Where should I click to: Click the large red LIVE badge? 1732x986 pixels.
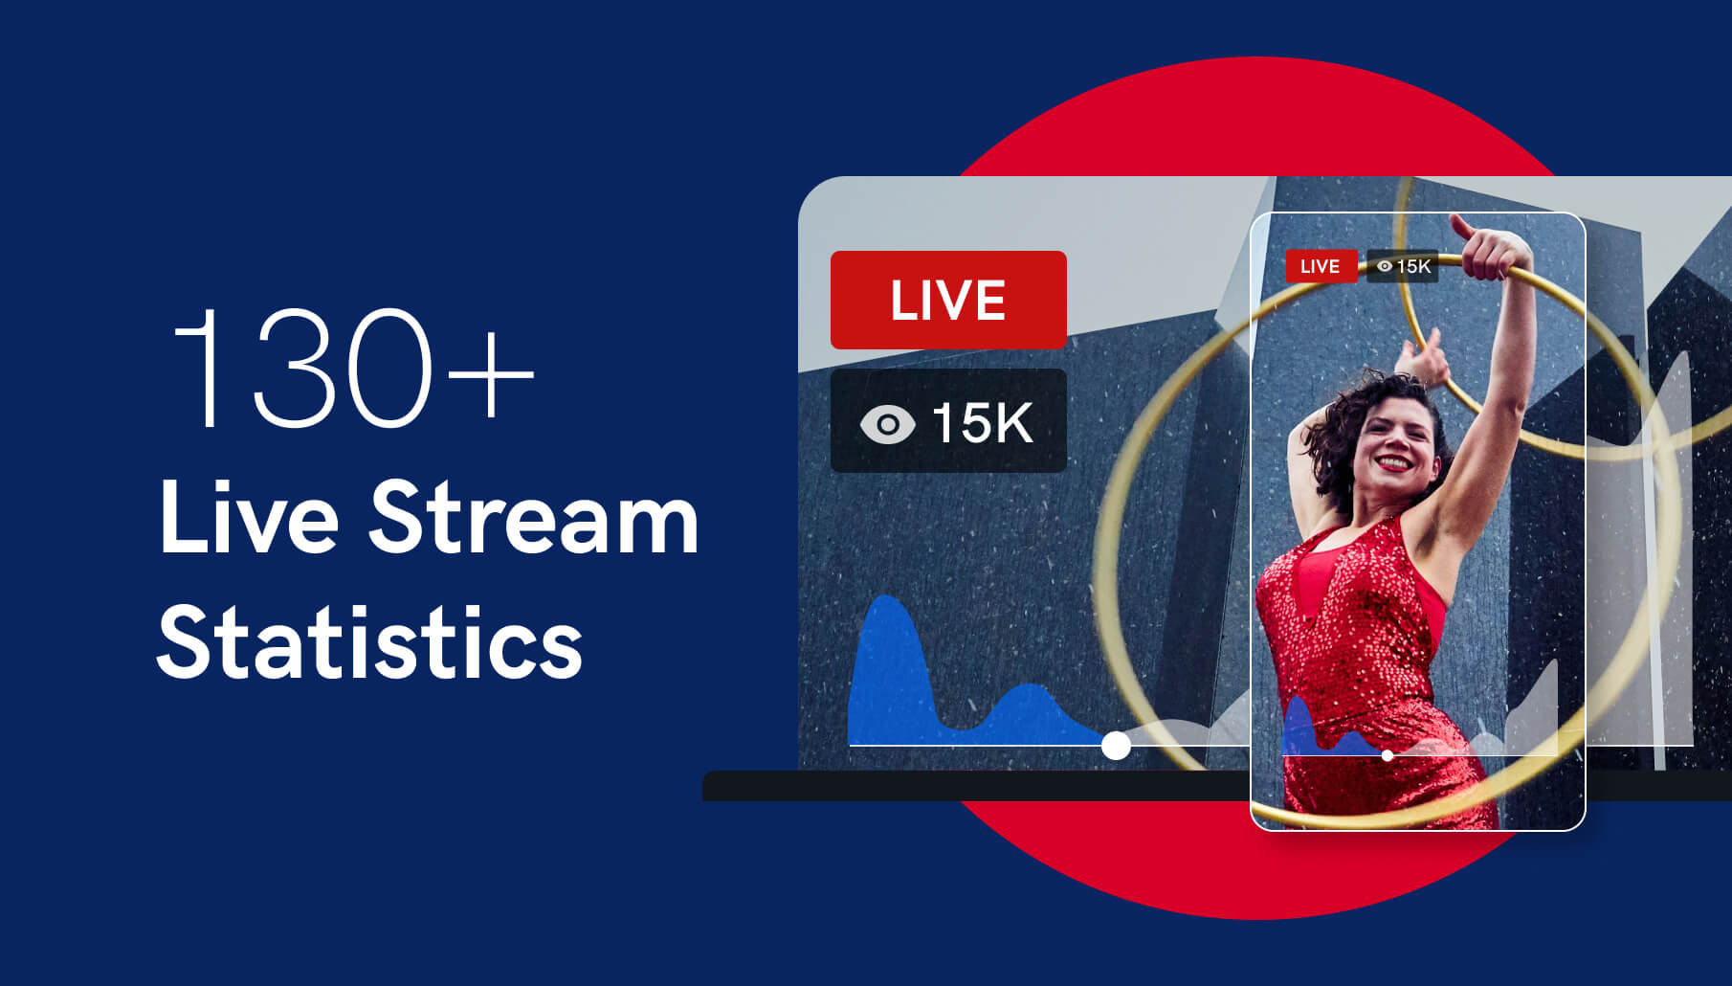[x=948, y=300]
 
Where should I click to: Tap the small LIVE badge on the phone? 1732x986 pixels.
[x=1321, y=266]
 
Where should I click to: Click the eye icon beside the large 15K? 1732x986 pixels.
[x=887, y=424]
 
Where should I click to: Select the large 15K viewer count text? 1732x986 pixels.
[x=982, y=423]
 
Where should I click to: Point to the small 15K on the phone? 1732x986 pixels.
[x=1413, y=266]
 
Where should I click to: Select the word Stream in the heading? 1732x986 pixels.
[x=534, y=518]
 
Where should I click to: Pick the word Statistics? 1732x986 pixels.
[x=370, y=640]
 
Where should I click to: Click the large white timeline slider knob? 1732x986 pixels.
[x=1116, y=745]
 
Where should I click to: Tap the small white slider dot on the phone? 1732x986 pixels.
[x=1388, y=755]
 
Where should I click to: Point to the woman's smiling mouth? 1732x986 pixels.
[x=1393, y=463]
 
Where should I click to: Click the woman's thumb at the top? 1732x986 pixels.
[x=1461, y=226]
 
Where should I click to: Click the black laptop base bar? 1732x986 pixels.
[x=976, y=786]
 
